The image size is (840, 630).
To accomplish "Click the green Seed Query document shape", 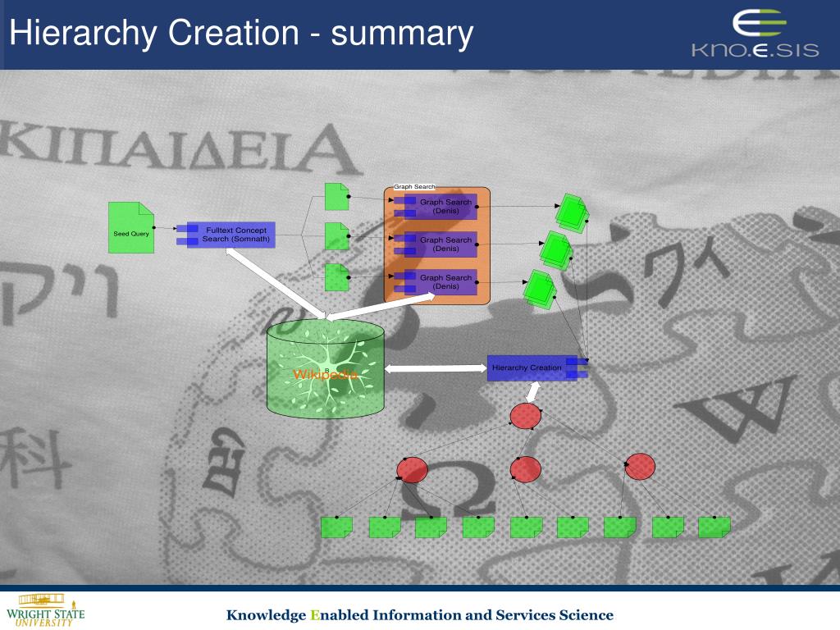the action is [x=131, y=228].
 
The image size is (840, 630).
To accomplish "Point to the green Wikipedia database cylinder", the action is [x=326, y=369].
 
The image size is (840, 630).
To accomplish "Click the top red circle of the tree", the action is [x=525, y=417].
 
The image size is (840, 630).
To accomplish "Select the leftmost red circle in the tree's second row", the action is [x=412, y=470].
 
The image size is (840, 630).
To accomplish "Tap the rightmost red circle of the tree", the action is [x=640, y=466].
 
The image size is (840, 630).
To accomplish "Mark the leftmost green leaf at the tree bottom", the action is [x=336, y=527].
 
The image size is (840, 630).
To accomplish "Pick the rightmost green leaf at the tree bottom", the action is [x=714, y=527].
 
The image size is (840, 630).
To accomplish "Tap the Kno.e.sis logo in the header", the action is [x=755, y=34].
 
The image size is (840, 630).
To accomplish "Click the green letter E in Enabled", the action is [x=313, y=615].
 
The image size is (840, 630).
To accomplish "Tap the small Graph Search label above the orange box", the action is [x=414, y=187].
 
